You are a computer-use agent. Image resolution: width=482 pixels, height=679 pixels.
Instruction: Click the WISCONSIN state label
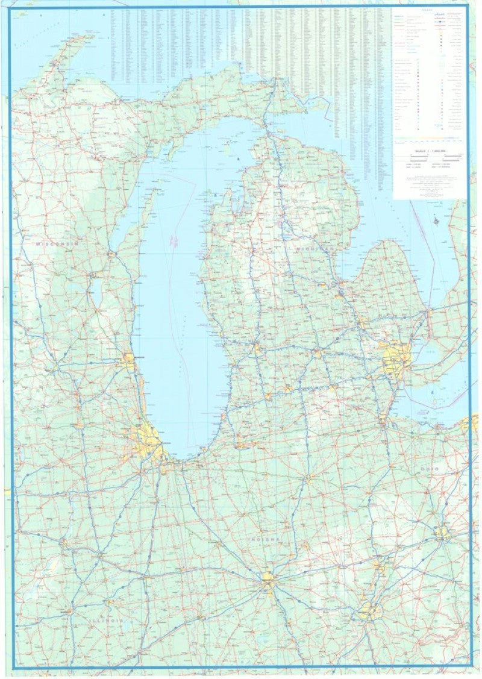(57, 243)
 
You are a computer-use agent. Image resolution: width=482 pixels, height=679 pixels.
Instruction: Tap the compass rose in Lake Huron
(436, 221)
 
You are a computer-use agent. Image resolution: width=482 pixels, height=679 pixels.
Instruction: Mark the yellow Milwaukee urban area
(129, 361)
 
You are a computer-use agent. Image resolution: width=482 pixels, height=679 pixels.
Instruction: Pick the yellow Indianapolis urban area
(268, 581)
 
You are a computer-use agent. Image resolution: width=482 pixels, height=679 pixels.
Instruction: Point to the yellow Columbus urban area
(443, 533)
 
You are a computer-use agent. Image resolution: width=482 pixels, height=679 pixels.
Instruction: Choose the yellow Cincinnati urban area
(369, 611)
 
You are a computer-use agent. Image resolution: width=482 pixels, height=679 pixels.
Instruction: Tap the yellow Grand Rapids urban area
(257, 349)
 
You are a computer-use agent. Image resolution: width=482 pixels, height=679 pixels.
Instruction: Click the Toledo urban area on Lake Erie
(382, 419)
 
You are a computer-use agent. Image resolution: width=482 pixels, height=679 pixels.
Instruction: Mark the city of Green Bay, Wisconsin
(112, 254)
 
